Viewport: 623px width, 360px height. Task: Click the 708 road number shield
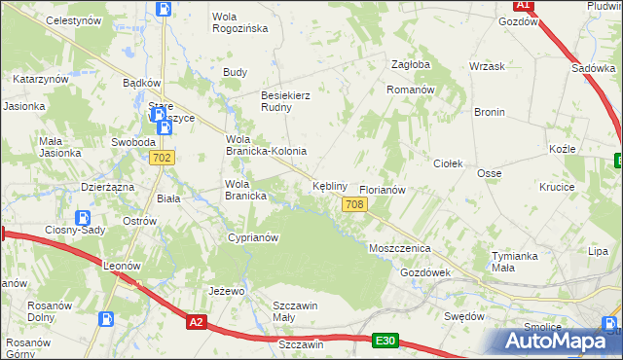pos(354,203)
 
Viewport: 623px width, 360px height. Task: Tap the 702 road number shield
pos(163,158)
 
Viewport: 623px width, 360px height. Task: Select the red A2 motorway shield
pos(197,322)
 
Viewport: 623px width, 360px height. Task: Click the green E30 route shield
pos(385,340)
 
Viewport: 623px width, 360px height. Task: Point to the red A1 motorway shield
pos(523,5)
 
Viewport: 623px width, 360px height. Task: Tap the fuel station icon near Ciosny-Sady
pos(84,218)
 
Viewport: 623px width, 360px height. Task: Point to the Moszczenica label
pos(399,249)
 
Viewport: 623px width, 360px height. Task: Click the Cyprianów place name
pos(252,237)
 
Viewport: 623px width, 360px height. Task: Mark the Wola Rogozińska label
pos(240,21)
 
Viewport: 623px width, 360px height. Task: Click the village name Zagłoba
pos(410,64)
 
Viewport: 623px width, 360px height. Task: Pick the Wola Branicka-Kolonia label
pos(266,145)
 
